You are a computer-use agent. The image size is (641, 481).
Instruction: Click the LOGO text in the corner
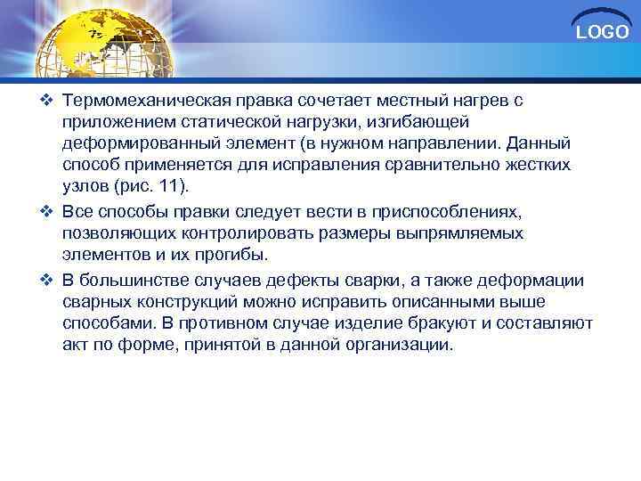(603, 33)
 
